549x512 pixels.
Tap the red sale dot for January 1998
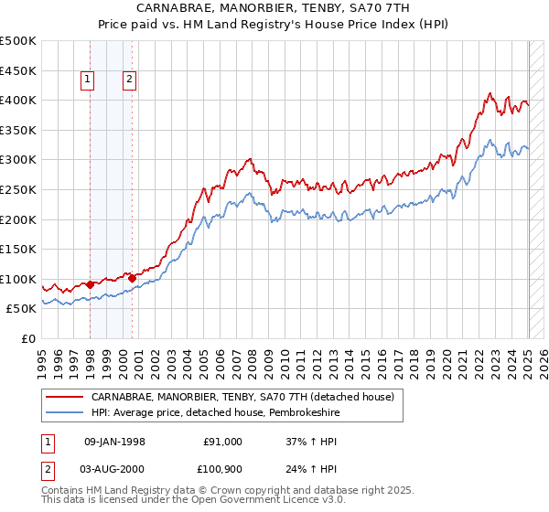[x=90, y=284]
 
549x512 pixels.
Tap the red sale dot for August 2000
[x=132, y=278]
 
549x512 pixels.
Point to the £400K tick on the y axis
[x=18, y=100]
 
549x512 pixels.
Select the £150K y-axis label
[x=18, y=249]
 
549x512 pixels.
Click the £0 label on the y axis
[x=29, y=338]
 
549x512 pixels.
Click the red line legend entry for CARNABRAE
[x=242, y=397]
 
